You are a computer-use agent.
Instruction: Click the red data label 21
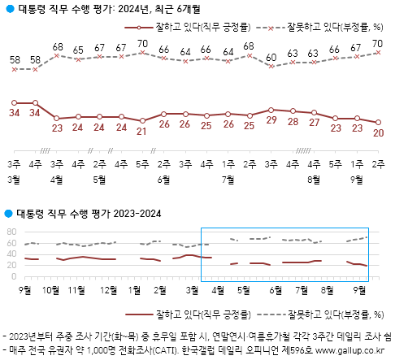click(142, 130)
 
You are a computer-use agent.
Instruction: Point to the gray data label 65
click(78, 50)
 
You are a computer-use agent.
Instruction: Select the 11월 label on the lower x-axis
click(78, 288)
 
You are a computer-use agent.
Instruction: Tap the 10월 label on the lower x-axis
click(50, 288)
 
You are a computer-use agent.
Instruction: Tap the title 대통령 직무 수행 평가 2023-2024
click(89, 214)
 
